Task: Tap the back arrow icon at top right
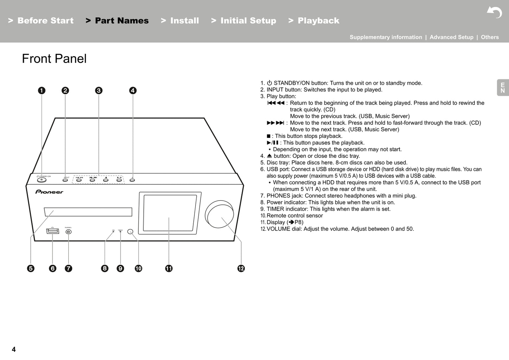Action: (494, 12)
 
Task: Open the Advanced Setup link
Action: (451, 37)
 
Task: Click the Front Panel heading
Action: (54, 59)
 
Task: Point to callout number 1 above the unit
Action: (42, 90)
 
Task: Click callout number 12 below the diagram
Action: (241, 269)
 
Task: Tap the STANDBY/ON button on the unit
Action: (42, 180)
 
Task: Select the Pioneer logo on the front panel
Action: (49, 192)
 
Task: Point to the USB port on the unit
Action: (52, 231)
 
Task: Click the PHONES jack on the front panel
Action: (69, 232)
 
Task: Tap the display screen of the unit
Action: (170, 213)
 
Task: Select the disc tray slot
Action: (88, 212)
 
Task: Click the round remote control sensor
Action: (130, 232)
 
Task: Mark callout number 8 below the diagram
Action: (105, 269)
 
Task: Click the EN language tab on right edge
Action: (503, 88)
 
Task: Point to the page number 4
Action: (14, 349)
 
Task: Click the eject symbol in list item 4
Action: (269, 156)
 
